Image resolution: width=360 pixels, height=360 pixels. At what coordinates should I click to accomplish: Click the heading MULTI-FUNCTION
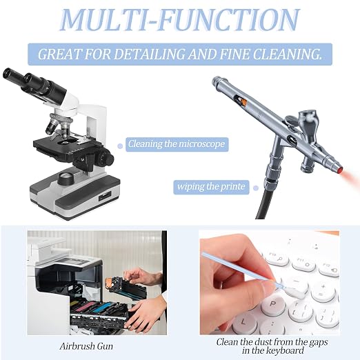point(180,20)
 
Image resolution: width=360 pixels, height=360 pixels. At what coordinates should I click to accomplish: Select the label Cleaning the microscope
point(177,144)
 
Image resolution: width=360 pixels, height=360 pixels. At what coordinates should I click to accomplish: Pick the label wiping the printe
point(211,187)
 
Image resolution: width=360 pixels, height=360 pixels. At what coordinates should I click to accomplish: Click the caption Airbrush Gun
point(86,346)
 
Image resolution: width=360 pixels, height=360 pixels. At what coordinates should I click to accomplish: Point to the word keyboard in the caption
point(285,351)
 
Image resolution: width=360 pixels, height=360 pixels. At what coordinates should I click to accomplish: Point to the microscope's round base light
point(66,179)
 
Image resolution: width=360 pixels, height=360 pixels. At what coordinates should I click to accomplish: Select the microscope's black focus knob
point(106,158)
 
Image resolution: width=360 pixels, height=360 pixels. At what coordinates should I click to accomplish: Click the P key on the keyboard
point(272,304)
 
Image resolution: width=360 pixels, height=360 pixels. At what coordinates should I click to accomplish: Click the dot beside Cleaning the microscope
point(120,146)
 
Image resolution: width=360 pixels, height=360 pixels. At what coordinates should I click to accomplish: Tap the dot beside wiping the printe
point(255,188)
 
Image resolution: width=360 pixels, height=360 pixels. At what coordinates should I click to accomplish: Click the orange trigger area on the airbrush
point(243,101)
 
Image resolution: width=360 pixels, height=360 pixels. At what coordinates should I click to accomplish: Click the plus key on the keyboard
point(323,290)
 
